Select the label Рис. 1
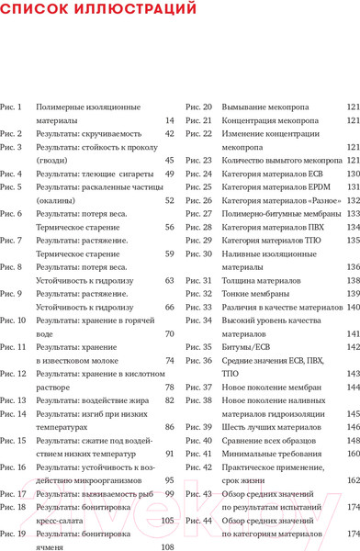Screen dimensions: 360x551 pos(12,107)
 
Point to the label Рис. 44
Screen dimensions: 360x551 pos(199,521)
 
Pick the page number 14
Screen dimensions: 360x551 pos(169,120)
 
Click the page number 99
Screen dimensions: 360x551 pos(169,494)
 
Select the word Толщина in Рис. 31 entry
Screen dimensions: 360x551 pos(242,280)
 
